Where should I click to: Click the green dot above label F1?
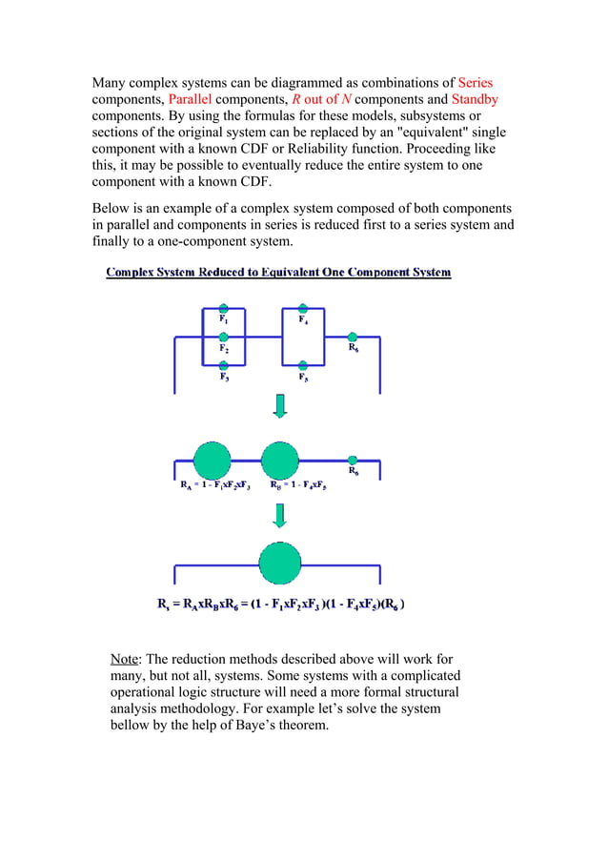coord(223,308)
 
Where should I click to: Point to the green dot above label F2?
coord(223,337)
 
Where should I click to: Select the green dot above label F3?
coord(223,364)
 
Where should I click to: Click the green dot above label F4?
coord(302,308)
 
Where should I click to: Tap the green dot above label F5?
coord(302,364)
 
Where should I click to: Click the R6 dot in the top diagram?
coord(353,337)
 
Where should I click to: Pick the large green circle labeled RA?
coord(213,461)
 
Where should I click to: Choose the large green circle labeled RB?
coord(280,461)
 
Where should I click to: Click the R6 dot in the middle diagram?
coord(353,461)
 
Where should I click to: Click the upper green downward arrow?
coord(280,407)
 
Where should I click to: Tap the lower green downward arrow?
coord(280,515)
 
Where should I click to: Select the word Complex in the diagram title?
coord(134,273)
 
